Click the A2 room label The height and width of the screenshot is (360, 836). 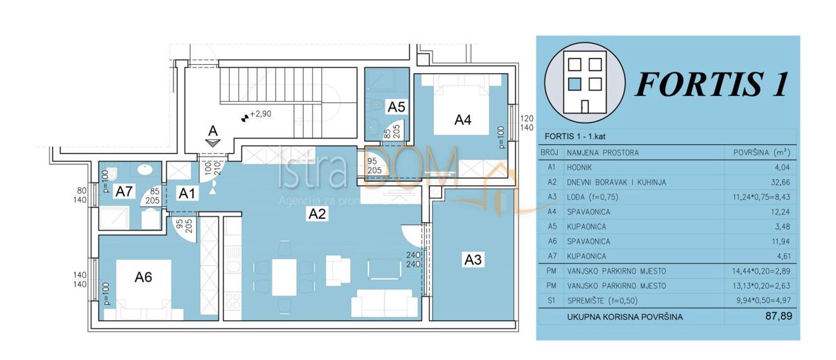tap(318, 215)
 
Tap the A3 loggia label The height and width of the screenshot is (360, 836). tap(472, 260)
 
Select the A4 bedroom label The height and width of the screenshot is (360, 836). tap(463, 120)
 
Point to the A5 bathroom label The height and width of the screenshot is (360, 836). tap(396, 107)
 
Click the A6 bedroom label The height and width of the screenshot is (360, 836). tap(144, 276)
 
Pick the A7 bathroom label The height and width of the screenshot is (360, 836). tap(125, 191)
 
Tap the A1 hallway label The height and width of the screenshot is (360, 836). tap(187, 194)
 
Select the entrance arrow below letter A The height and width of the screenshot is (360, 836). tap(213, 142)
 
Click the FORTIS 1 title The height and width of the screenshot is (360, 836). tap(711, 85)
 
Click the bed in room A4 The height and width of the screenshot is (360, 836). tap(462, 104)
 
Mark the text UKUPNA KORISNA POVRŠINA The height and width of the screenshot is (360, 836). tap(624, 316)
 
